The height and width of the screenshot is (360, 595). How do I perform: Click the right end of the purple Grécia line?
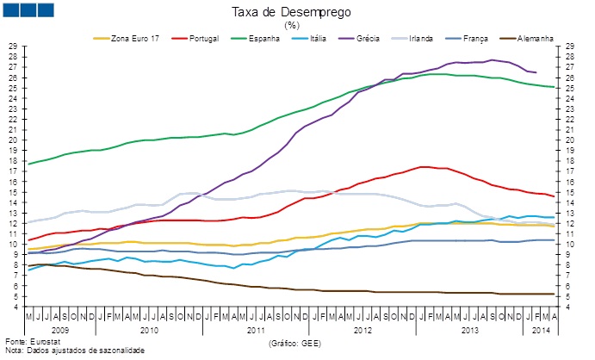click(536, 72)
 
